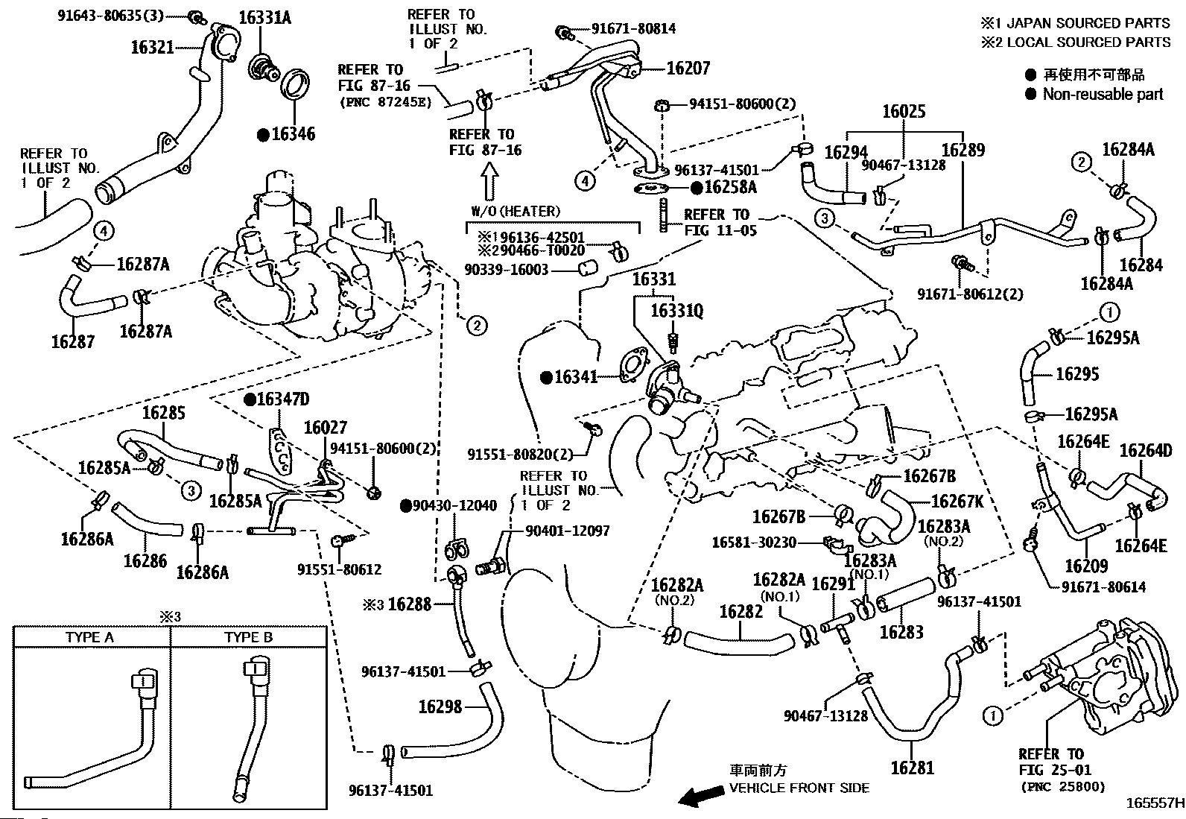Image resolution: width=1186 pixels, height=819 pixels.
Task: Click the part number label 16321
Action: [x=153, y=48]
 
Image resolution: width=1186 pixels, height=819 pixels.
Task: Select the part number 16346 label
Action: [x=293, y=134]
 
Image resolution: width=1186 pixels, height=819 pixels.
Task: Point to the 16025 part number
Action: [x=904, y=112]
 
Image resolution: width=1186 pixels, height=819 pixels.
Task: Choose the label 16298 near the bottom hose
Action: [x=440, y=706]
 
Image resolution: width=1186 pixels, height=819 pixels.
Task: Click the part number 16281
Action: [x=912, y=767]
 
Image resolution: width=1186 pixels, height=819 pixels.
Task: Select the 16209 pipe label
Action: [x=1086, y=566]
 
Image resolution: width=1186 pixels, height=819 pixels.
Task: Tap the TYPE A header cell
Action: [x=89, y=637]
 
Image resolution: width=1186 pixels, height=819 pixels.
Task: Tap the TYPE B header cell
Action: [x=249, y=637]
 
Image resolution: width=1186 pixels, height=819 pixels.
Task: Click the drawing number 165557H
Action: [x=1154, y=803]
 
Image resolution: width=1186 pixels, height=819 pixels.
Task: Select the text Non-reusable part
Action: [x=1103, y=94]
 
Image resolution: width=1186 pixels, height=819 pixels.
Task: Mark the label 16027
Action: [x=325, y=427]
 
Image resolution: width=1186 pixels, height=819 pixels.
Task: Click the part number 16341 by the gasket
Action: [x=576, y=377]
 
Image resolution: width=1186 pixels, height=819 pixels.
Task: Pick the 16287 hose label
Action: [x=73, y=341]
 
